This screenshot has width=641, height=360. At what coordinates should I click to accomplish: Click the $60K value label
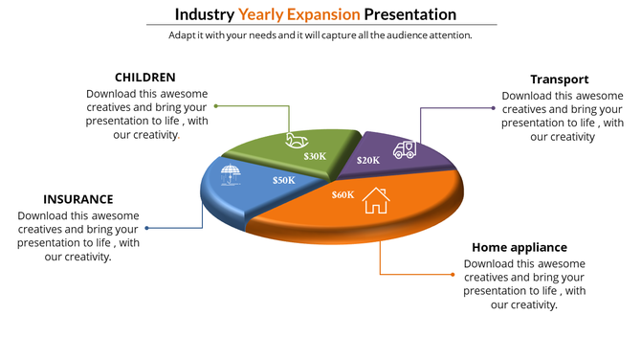(343, 194)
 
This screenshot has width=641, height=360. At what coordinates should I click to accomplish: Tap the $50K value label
(283, 180)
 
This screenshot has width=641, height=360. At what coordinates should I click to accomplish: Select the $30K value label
(315, 156)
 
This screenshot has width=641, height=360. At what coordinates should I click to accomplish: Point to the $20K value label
(368, 160)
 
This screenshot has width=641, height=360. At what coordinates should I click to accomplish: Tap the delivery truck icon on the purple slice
(405, 148)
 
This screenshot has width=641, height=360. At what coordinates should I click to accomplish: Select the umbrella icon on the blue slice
(231, 174)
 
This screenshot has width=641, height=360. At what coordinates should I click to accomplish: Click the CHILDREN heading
(144, 78)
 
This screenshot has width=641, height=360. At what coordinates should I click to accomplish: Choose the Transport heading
(559, 79)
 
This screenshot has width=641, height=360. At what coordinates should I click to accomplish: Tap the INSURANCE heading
(78, 199)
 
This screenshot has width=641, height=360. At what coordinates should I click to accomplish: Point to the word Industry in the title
(205, 14)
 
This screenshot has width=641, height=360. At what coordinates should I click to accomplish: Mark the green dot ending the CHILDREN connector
(216, 105)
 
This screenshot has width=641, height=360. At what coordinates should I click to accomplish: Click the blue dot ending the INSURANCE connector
(146, 228)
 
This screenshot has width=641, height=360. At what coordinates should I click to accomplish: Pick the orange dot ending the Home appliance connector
(453, 274)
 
